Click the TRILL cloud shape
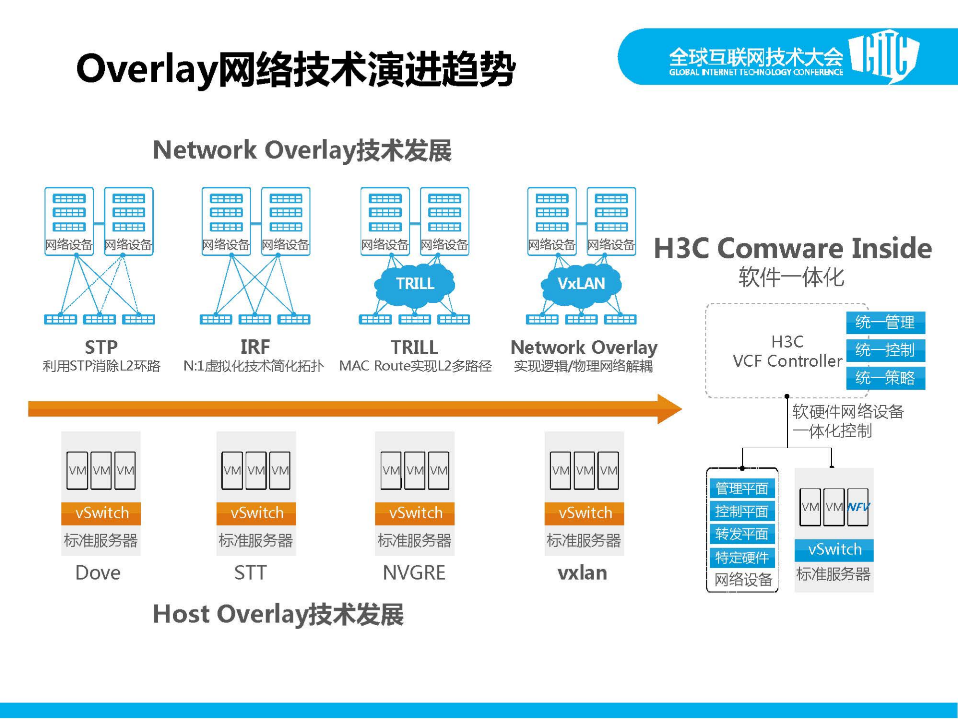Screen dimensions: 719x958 tap(414, 284)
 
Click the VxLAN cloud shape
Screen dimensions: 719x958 tap(581, 284)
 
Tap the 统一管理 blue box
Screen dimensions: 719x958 tap(885, 322)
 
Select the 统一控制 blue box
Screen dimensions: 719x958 tap(885, 350)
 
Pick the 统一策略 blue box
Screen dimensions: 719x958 tap(885, 378)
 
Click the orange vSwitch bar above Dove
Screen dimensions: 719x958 tap(101, 513)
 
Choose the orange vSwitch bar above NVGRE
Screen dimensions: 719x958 tap(415, 513)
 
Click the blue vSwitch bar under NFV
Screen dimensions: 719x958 tap(834, 550)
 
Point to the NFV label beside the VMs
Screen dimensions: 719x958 tap(859, 507)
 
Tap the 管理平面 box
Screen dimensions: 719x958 tap(742, 488)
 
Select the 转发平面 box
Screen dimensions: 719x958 tap(742, 534)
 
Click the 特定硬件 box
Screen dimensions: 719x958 tap(742, 557)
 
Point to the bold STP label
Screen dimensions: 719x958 tap(101, 347)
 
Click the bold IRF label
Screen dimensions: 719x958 tap(255, 347)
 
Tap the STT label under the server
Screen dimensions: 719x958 tap(251, 573)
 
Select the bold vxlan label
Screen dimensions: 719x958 tap(583, 573)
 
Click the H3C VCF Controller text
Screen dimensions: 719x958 tap(787, 351)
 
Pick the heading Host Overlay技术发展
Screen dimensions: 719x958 tap(278, 614)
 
